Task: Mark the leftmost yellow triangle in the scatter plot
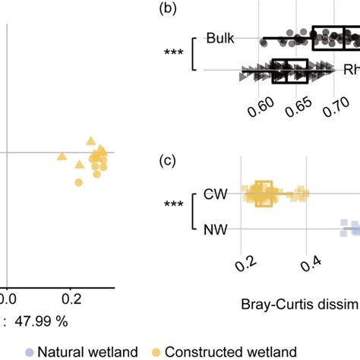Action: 62,156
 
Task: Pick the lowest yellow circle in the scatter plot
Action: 78,182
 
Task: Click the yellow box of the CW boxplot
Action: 263,194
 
